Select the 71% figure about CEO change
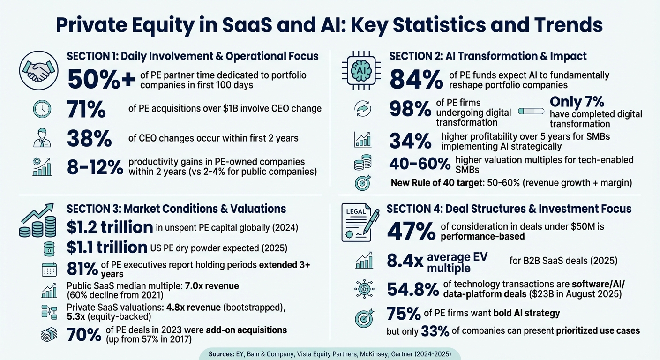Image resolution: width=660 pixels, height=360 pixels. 87,109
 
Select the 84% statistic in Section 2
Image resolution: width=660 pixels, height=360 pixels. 416,78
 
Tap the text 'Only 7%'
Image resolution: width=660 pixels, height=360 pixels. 577,102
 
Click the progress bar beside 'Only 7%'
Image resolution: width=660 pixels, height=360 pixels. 531,112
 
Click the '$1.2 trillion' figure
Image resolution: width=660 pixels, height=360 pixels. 110,227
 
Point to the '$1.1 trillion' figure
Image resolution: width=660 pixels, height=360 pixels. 107,247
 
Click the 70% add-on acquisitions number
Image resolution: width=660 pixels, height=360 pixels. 84,334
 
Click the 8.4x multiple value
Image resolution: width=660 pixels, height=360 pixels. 405,262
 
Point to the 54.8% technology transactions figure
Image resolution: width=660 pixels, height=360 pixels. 412,289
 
